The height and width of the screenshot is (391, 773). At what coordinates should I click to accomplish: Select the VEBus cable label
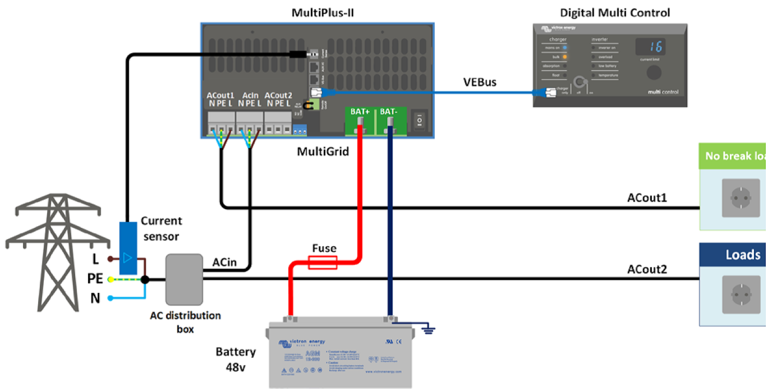[479, 82]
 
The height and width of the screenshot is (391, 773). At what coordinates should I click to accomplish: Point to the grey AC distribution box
[184, 279]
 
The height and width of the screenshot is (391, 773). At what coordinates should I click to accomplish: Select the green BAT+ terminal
[360, 121]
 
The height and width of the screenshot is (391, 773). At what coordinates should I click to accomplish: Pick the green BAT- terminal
[389, 121]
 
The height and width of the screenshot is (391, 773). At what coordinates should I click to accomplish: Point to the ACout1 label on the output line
[647, 198]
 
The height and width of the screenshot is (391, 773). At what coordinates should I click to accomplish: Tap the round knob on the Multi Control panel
[653, 73]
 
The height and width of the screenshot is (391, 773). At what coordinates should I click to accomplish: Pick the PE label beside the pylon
[95, 279]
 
